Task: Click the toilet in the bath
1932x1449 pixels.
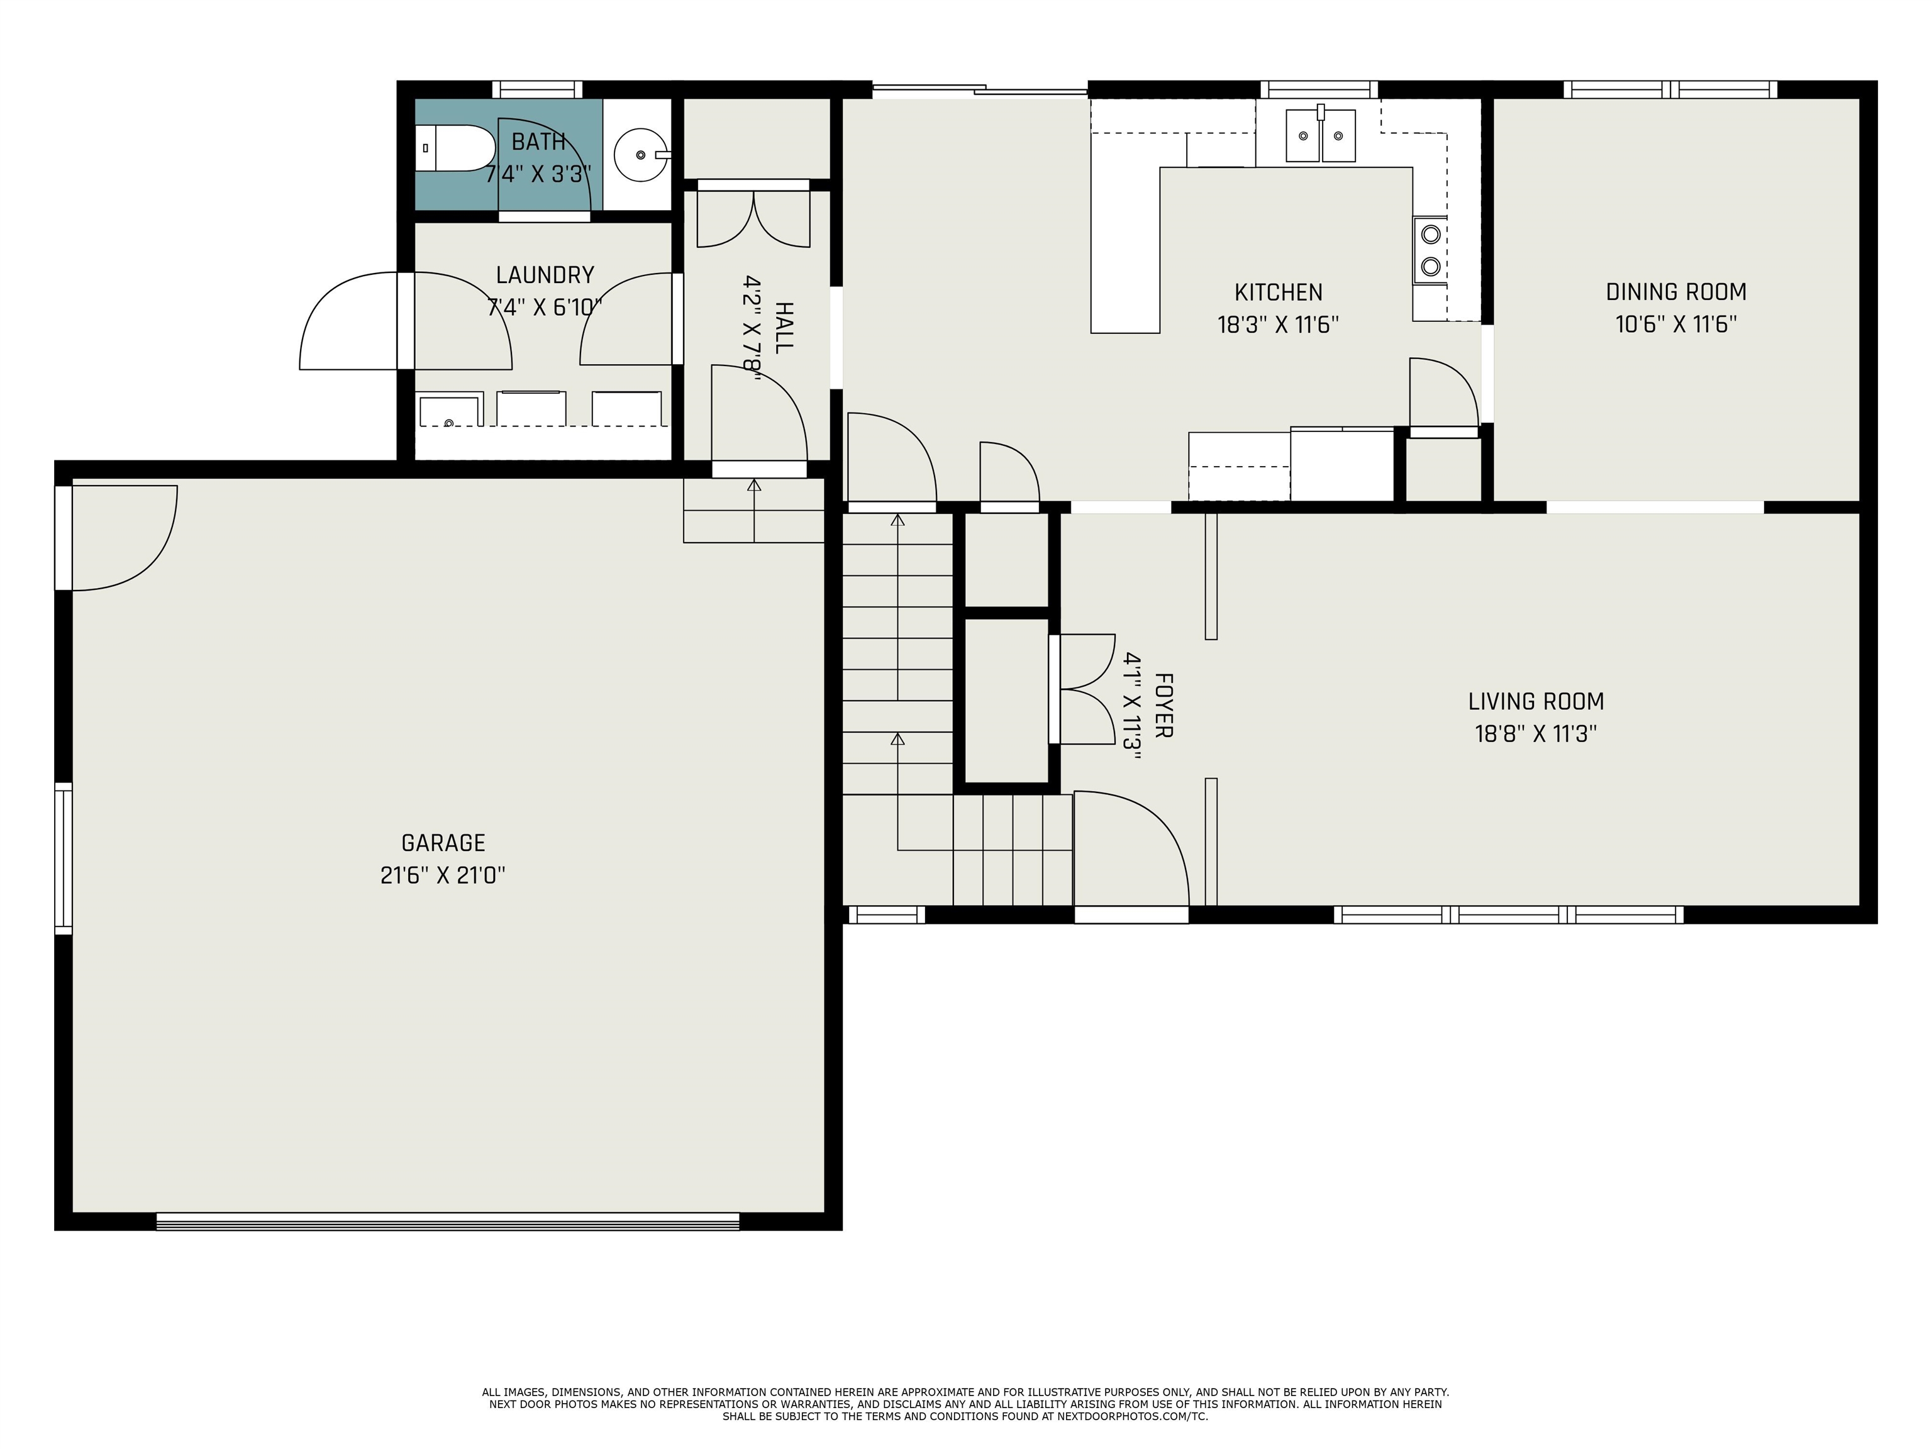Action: (x=454, y=148)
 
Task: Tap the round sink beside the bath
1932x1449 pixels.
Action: (x=642, y=155)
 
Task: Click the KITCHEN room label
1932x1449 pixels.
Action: (x=1278, y=292)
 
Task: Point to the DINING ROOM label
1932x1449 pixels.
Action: (x=1675, y=292)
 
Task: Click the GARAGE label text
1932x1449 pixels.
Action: (x=443, y=843)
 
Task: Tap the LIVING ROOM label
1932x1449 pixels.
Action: (x=1535, y=701)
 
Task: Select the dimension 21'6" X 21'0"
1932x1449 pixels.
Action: (x=443, y=875)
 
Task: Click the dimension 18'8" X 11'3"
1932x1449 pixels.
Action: (x=1535, y=734)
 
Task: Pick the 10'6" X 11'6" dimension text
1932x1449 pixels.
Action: (x=1675, y=324)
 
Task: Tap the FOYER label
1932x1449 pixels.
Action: (x=1163, y=705)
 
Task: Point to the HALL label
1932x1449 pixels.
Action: (x=784, y=328)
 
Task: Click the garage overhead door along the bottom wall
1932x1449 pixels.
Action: (x=447, y=1221)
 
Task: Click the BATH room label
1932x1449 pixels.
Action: (x=538, y=142)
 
